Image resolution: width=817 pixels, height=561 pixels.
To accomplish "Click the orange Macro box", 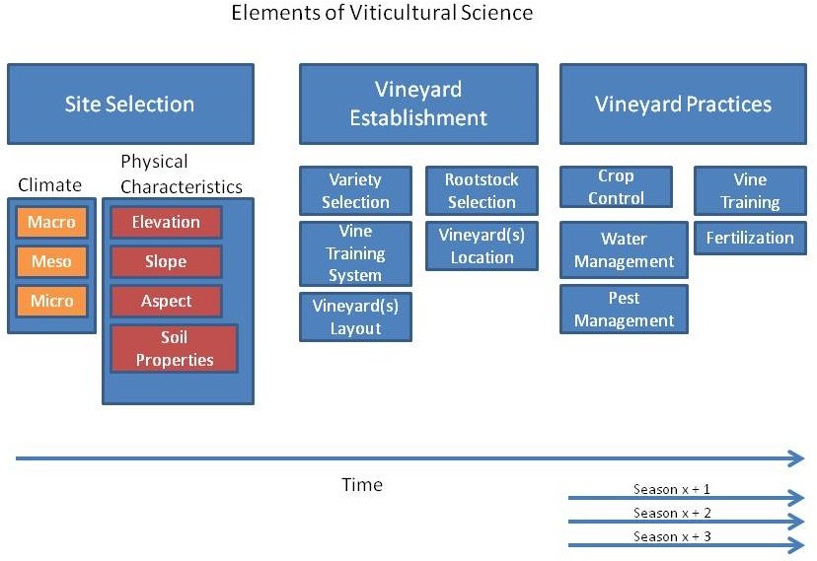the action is coord(51,222).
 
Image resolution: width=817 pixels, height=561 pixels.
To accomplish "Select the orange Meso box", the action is coord(51,261).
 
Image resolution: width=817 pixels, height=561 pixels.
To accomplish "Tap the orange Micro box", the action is coord(51,301).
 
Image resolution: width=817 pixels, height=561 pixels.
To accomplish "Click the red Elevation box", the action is coord(166,222).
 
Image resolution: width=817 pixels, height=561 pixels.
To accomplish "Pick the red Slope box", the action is coord(166,261).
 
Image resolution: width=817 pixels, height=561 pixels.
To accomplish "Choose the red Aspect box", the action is coord(166,301).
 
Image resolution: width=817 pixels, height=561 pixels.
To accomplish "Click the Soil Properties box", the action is coord(174,349).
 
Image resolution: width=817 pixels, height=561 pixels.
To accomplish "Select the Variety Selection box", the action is coord(355,190).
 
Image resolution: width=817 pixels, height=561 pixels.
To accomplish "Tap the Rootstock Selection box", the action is coord(482,190).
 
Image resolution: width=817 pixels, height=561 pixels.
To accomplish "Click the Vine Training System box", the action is coord(355,253).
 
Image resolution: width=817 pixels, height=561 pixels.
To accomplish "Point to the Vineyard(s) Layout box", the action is coord(355,316).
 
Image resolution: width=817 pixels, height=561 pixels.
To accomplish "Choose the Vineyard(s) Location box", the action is coord(482,246).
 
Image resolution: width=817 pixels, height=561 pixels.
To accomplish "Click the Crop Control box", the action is coord(616,186).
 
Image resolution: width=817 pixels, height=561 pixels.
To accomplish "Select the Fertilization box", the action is coord(750,238).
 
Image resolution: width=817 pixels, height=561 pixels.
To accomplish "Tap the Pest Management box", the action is coord(624,310).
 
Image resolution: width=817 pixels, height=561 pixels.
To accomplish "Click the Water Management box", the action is coord(624,249).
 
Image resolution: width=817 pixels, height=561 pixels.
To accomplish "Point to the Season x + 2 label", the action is coord(672,513).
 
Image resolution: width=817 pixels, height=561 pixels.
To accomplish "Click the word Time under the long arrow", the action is coord(362,484).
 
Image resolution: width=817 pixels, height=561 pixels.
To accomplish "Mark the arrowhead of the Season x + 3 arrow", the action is coord(797,545).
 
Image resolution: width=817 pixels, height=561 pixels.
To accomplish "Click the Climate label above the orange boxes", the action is coord(50,184).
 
